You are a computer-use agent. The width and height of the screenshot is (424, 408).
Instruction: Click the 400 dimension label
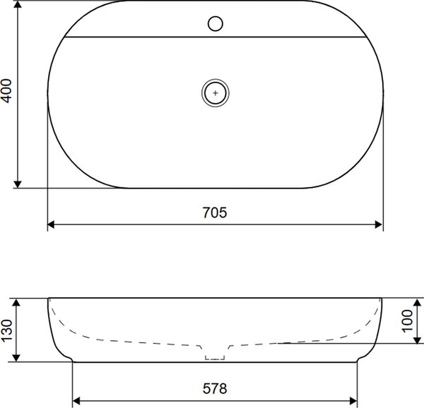[x=7, y=91]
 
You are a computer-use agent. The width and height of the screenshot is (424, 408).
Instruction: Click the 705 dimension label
[x=215, y=212]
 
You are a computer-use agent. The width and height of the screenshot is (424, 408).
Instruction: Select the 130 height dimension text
[x=7, y=330]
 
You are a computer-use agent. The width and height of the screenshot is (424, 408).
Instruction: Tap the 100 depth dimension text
[x=408, y=321]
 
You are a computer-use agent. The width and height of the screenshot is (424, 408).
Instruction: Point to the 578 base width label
[x=215, y=388]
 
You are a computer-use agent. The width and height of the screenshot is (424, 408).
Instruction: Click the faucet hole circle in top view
[x=216, y=24]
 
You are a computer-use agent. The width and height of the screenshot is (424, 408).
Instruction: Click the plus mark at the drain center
[x=216, y=93]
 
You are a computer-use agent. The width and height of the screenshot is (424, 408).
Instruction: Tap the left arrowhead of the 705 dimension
[x=51, y=224]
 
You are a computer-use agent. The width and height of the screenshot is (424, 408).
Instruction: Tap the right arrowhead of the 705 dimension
[x=379, y=224]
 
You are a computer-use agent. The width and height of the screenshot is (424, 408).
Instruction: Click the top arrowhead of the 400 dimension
[x=18, y=5]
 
